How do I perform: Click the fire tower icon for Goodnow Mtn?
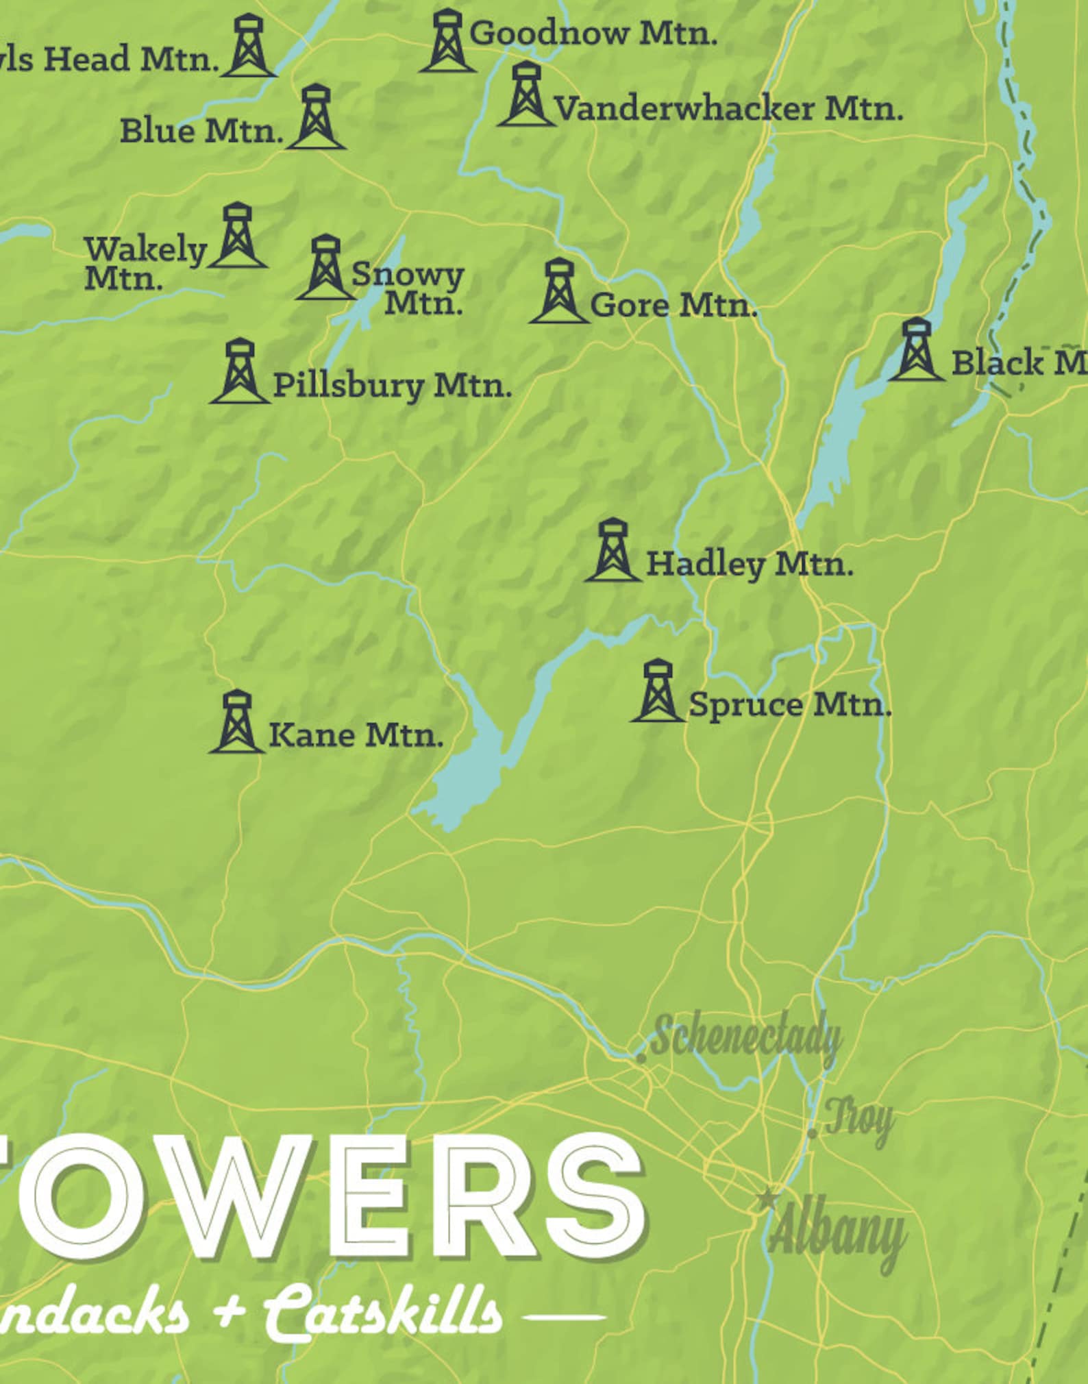pos(447,41)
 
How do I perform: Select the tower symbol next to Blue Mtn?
pos(316,117)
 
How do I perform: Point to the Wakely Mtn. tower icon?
pos(237,236)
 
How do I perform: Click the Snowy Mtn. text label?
pos(408,288)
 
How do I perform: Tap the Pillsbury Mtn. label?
pos(392,385)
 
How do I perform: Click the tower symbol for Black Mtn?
pos(915,350)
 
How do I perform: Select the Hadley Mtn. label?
pos(750,565)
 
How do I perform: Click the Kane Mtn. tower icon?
pos(236,722)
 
